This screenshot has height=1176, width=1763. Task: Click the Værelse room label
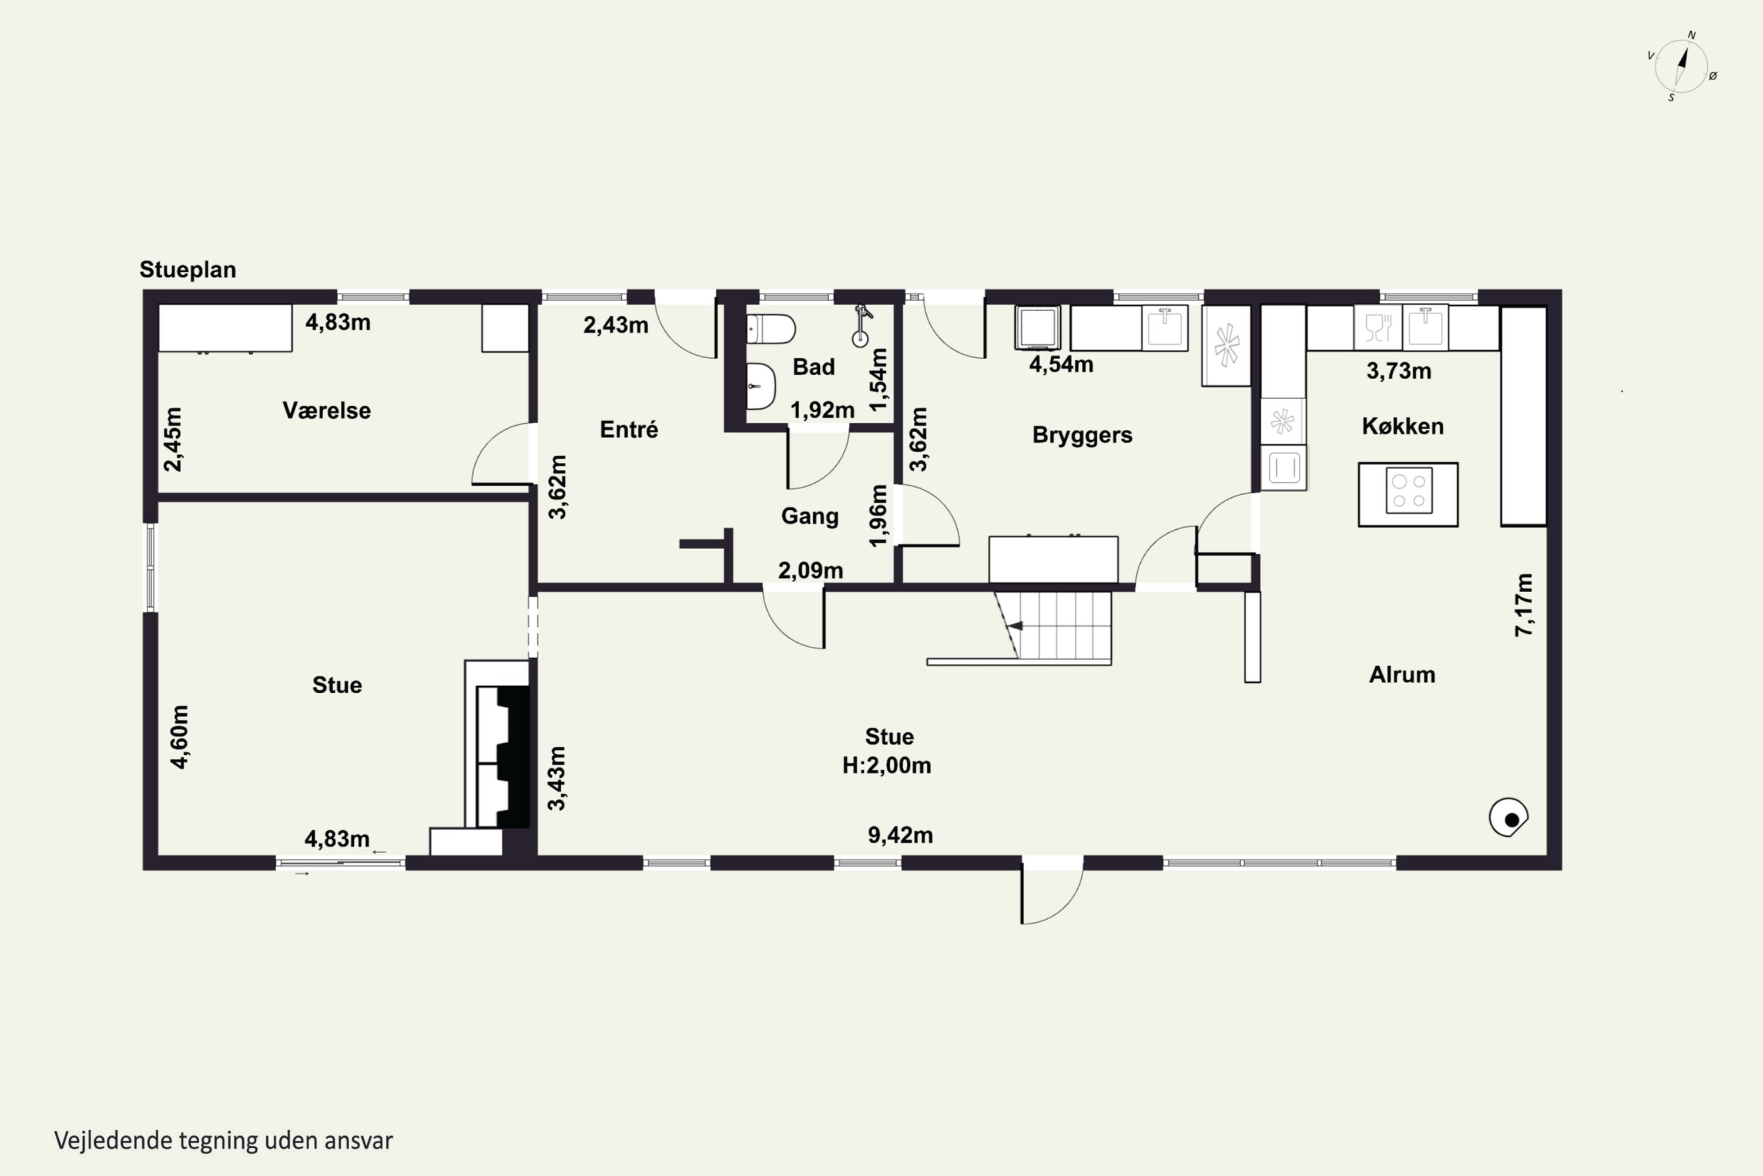[x=326, y=410]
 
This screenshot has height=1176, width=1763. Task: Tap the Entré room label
[x=629, y=429]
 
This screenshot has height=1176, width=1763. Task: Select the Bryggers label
[x=1082, y=435]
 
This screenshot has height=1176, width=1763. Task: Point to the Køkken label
[x=1402, y=426]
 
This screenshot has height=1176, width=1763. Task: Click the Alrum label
[x=1402, y=674]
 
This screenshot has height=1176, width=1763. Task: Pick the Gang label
[x=810, y=516]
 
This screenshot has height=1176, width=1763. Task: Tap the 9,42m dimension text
[x=900, y=835]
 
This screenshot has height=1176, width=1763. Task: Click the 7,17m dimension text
[x=1524, y=604]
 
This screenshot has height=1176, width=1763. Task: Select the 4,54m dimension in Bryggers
[x=1061, y=365]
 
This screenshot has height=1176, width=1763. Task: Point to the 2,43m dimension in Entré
[x=615, y=325]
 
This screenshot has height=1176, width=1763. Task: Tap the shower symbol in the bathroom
[x=862, y=326]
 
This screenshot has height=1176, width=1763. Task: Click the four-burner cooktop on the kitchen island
[x=1409, y=490]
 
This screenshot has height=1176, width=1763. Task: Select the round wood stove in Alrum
[x=1508, y=817]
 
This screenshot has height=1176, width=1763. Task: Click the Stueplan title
[x=187, y=269]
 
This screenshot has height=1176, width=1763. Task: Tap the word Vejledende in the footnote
[x=113, y=1141]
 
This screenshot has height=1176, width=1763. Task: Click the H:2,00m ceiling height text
[x=887, y=765]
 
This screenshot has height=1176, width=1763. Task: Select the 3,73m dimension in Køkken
[x=1399, y=370]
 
